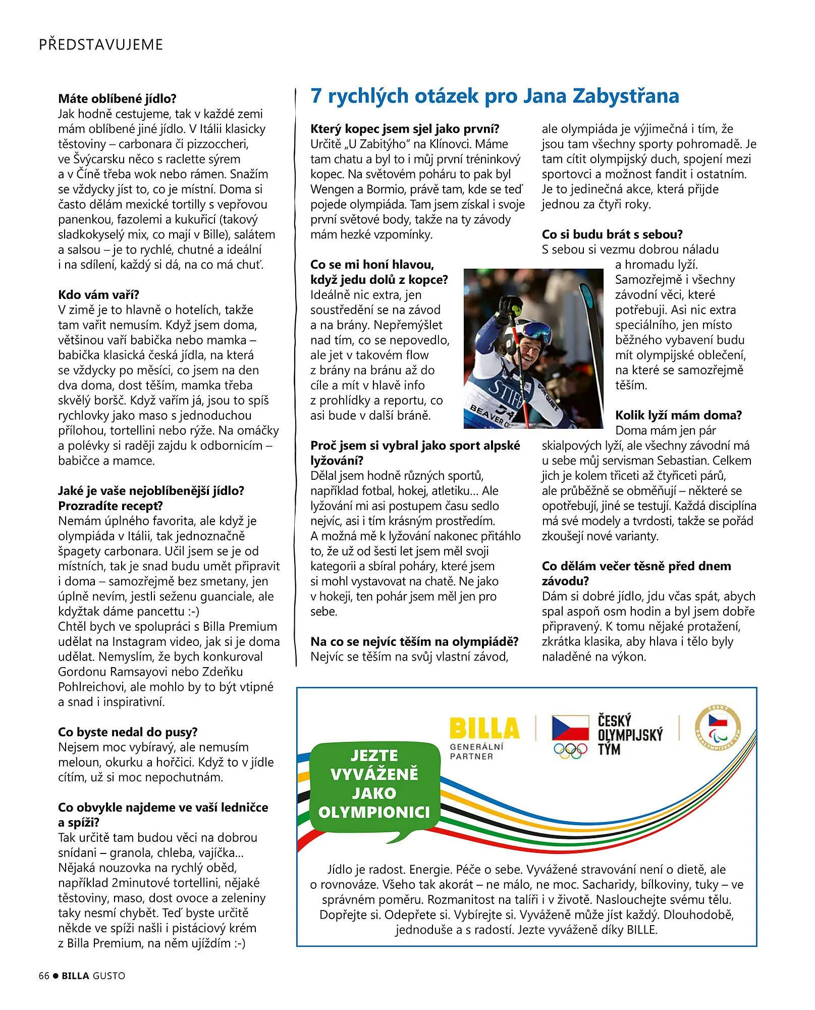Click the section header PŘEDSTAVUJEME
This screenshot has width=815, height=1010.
coord(101,44)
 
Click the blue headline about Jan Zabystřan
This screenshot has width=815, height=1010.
coord(495,96)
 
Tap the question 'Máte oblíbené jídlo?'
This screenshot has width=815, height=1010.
coord(117,98)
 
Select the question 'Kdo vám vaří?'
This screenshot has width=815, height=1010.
coord(98,295)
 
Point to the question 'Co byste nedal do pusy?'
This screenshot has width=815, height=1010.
coord(128,732)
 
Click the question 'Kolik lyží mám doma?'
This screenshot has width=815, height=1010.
coord(678,415)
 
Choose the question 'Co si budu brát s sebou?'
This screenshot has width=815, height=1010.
coord(612,234)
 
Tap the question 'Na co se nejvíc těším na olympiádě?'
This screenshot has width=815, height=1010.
coord(414,641)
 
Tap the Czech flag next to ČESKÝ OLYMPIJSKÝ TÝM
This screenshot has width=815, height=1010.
coord(570,727)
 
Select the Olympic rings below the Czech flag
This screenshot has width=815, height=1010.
coord(570,751)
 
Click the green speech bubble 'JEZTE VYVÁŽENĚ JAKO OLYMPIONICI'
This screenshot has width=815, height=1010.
coord(374,784)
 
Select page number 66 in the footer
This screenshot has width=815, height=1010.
coord(44,976)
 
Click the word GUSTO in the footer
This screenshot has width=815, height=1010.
coord(108,976)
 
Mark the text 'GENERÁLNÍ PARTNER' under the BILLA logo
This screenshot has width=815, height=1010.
coord(476,751)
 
